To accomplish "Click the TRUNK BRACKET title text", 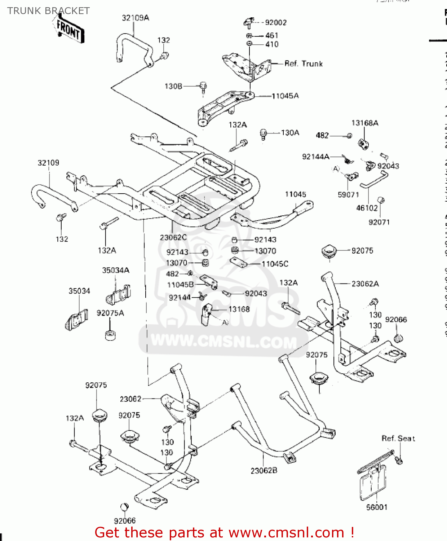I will pyautogui.click(x=48, y=11).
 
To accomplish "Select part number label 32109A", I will pyautogui.click(x=135, y=18).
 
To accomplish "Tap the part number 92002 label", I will pyautogui.click(x=276, y=23).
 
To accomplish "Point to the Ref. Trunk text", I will pyautogui.click(x=304, y=64).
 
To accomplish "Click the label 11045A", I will pyautogui.click(x=285, y=96).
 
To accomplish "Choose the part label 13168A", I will pyautogui.click(x=365, y=123).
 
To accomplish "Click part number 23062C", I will pyautogui.click(x=173, y=237).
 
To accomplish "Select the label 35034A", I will pyautogui.click(x=115, y=270).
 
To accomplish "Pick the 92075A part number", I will pyautogui.click(x=110, y=313).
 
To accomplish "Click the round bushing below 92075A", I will pyautogui.click(x=110, y=335).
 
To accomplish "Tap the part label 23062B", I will pyautogui.click(x=264, y=471).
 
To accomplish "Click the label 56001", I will pyautogui.click(x=377, y=507).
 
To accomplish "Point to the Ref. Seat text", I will pyautogui.click(x=398, y=439).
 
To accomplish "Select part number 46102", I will pyautogui.click(x=367, y=208).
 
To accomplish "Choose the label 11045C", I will pyautogui.click(x=275, y=264).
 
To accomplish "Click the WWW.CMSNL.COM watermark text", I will pyautogui.click(x=223, y=341).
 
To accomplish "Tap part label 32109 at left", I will pyautogui.click(x=48, y=163).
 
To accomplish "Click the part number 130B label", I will pyautogui.click(x=173, y=86).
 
